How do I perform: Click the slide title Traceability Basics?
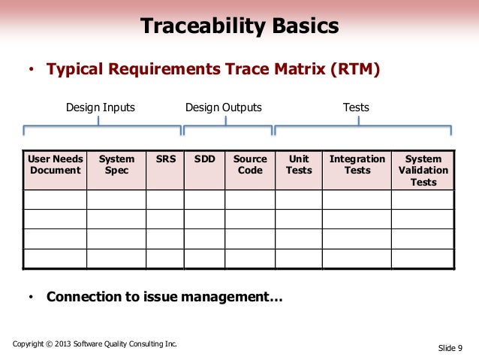point(239,28)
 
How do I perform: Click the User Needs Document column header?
point(55,165)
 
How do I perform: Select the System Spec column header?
point(116,165)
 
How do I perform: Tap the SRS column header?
point(165,159)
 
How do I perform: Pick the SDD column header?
point(204,159)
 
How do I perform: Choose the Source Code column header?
point(250,165)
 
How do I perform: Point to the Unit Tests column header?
point(299,165)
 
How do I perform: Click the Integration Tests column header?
point(357,165)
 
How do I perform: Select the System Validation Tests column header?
point(423,170)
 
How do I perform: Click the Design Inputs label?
point(101,107)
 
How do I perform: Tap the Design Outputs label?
point(224,107)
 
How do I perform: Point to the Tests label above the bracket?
point(356,107)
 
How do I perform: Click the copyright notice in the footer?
point(95,344)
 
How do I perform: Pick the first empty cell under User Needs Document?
point(55,199)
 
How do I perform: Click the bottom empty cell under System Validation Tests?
point(423,258)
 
